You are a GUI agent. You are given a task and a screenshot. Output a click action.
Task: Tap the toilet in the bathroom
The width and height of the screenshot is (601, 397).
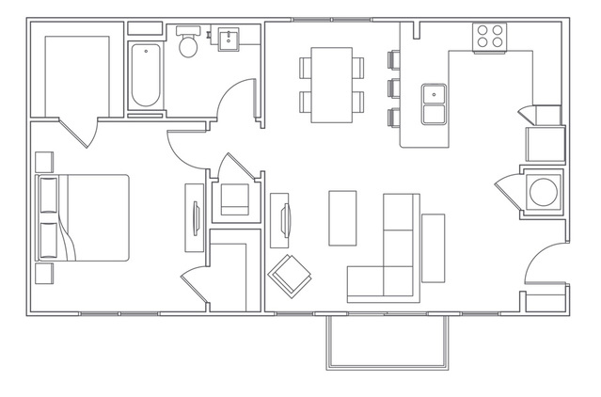[186, 43]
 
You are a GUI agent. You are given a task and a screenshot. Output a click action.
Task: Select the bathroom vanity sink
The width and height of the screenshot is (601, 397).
[229, 40]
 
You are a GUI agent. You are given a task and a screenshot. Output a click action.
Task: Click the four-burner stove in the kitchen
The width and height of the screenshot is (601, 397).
[489, 38]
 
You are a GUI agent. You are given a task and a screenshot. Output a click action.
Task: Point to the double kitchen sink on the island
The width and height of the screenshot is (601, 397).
[434, 103]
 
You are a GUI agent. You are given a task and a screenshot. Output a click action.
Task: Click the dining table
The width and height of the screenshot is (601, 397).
[331, 83]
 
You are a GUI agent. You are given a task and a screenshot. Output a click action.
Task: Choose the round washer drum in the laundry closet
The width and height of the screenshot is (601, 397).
[544, 192]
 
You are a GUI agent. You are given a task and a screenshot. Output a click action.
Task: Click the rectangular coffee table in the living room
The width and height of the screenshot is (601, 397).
[342, 217]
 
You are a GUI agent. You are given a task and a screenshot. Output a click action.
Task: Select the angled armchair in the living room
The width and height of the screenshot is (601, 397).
[290, 274]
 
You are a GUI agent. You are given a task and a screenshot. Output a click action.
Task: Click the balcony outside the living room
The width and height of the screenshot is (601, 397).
[387, 340]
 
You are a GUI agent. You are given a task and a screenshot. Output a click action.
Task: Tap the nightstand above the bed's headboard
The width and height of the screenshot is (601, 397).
[43, 160]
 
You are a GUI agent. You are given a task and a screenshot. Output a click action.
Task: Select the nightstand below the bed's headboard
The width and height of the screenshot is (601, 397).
[43, 274]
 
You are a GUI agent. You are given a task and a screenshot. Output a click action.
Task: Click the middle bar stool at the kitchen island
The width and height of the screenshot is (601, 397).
[393, 89]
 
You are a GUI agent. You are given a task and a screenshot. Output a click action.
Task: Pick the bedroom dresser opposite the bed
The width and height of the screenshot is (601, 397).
[195, 217]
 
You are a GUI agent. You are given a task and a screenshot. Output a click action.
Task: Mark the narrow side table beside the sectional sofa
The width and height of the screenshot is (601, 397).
[433, 247]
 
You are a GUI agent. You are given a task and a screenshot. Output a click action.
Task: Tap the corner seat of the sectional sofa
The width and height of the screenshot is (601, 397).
[400, 279]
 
